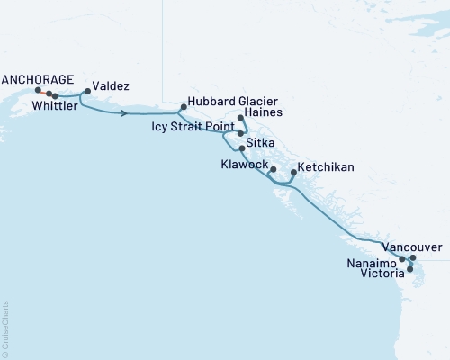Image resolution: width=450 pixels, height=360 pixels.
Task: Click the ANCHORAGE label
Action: (x=36, y=77)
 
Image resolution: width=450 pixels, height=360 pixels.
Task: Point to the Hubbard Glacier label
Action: (x=231, y=102)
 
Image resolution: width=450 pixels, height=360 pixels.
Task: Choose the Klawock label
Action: (x=244, y=166)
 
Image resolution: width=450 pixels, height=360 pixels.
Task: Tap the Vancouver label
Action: (x=411, y=246)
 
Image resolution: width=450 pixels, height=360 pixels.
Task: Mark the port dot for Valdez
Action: (x=88, y=92)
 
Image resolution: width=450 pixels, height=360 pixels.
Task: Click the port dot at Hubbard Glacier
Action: (x=183, y=107)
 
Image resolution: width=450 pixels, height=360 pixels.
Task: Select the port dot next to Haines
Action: (x=240, y=118)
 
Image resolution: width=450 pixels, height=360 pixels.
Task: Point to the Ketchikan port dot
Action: (x=293, y=172)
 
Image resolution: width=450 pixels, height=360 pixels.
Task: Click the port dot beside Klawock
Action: (x=273, y=169)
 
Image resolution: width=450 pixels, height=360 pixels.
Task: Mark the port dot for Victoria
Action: (x=409, y=269)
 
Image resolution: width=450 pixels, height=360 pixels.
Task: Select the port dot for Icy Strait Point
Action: (x=240, y=133)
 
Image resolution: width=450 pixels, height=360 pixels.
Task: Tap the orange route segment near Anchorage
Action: (x=42, y=92)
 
